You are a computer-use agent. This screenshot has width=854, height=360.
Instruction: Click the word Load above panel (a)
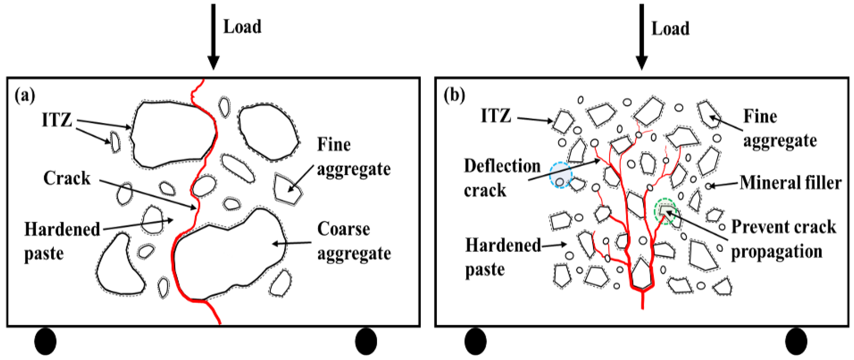(242, 27)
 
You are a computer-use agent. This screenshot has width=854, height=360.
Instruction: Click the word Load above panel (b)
(670, 28)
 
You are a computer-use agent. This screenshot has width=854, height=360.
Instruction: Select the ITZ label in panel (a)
(57, 120)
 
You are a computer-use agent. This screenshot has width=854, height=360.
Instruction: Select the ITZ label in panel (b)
(496, 116)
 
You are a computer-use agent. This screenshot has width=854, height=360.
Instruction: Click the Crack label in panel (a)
(67, 178)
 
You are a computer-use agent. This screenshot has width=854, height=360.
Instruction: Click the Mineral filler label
(790, 183)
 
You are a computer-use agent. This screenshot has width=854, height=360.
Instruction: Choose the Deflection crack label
(501, 178)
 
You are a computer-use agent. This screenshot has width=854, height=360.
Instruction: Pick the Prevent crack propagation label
(783, 239)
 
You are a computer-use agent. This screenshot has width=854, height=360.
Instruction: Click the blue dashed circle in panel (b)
(560, 175)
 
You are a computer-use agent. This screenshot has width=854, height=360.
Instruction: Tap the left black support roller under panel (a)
(45, 341)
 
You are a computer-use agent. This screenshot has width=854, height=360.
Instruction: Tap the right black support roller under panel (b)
(796, 341)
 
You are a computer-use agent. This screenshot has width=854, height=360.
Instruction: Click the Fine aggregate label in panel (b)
(779, 129)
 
